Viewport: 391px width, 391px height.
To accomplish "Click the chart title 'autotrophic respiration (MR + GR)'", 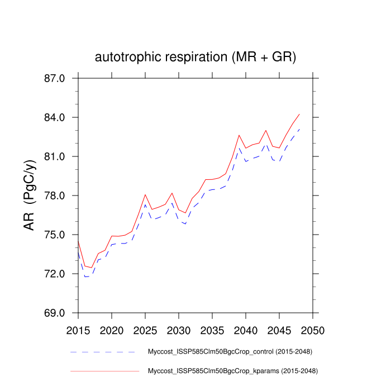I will (195, 57).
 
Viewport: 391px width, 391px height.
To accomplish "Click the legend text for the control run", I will (230, 352).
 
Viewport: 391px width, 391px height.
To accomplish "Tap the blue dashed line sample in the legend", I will (104, 352).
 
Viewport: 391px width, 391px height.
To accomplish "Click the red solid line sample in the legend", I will (104, 370).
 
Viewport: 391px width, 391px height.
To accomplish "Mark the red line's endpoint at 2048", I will (299, 114).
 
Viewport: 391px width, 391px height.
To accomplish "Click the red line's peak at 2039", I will (239, 135).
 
